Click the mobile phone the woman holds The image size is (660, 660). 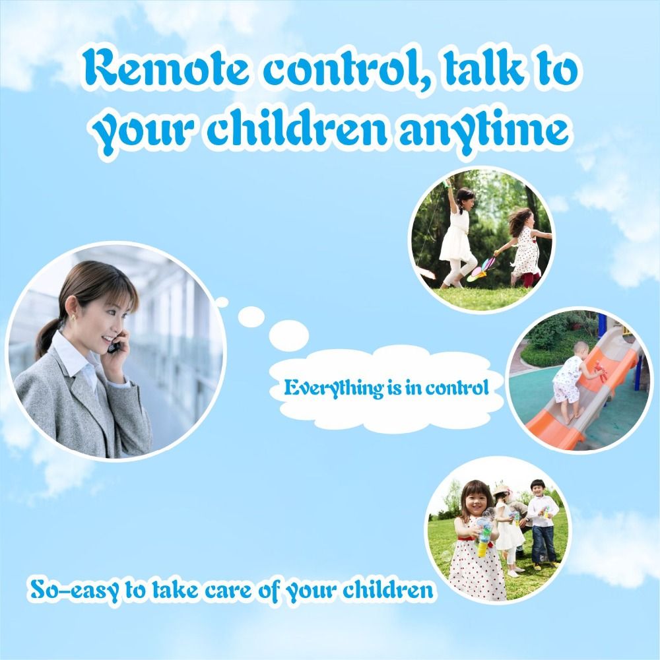(114, 345)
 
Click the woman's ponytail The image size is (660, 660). (46, 337)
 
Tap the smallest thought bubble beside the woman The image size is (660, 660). (221, 302)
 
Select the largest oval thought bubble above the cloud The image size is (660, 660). (289, 335)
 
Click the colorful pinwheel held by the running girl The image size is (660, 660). (482, 269)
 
